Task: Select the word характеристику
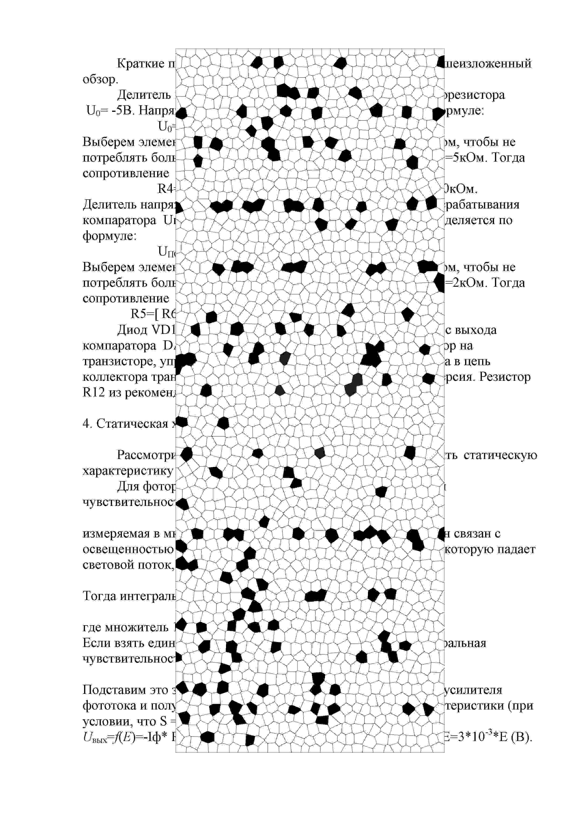pos(128,471)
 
